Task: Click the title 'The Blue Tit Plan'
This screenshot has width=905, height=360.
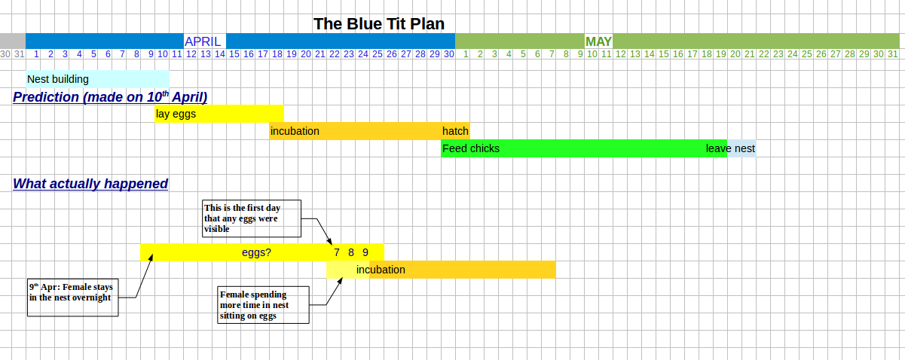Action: (378, 24)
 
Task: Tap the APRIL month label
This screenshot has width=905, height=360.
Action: (203, 41)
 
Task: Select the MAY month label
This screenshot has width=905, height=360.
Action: (598, 41)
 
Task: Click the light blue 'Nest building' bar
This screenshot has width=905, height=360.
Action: (97, 79)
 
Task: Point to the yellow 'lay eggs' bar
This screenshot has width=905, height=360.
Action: (219, 114)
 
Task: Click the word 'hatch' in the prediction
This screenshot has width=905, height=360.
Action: (455, 131)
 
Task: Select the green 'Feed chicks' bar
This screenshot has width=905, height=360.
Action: (584, 148)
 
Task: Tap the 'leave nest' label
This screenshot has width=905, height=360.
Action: (730, 148)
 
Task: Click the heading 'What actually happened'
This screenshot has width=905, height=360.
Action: (90, 184)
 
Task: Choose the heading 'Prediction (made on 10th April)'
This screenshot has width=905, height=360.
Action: (110, 97)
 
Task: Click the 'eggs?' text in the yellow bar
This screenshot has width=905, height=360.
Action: (256, 252)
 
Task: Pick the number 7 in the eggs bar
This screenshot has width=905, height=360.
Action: (337, 252)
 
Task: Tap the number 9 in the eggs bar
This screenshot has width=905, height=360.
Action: (365, 252)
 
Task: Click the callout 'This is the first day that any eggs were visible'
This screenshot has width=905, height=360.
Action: (252, 218)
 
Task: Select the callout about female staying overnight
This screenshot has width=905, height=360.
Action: (73, 297)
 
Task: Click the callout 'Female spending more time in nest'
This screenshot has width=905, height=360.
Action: (264, 305)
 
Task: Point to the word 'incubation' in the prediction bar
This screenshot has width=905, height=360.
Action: (295, 131)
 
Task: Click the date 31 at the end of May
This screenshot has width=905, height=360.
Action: (893, 54)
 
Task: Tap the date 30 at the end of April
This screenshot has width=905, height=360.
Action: (449, 54)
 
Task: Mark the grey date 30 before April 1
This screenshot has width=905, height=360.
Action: (5, 54)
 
